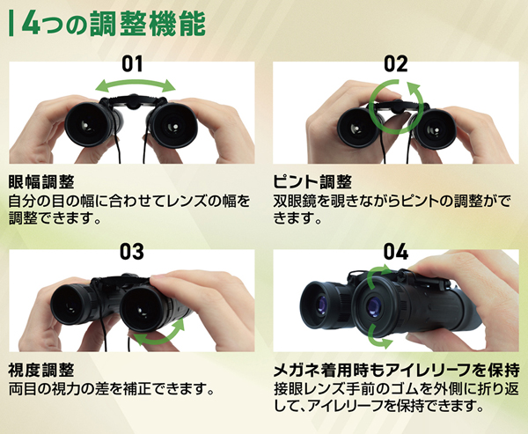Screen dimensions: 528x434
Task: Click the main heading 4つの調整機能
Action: tap(114, 25)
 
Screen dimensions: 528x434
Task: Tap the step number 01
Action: tap(132, 63)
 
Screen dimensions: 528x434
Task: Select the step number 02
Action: tap(396, 63)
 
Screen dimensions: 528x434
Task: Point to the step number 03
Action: tap(132, 252)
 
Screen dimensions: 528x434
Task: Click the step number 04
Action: tap(396, 252)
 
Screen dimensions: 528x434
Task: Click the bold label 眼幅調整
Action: tap(41, 182)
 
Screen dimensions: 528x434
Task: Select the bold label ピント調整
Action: tap(312, 182)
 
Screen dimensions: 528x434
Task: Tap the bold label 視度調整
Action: tap(41, 371)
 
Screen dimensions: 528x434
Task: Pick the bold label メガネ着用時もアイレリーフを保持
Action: tap(396, 371)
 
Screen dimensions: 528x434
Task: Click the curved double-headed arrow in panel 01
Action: tap(136, 82)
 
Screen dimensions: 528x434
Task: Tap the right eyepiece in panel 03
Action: tap(142, 309)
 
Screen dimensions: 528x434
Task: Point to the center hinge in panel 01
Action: tap(135, 101)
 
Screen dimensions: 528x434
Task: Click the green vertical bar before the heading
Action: tap(11, 24)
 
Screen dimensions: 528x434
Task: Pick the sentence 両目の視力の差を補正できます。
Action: tap(112, 389)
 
